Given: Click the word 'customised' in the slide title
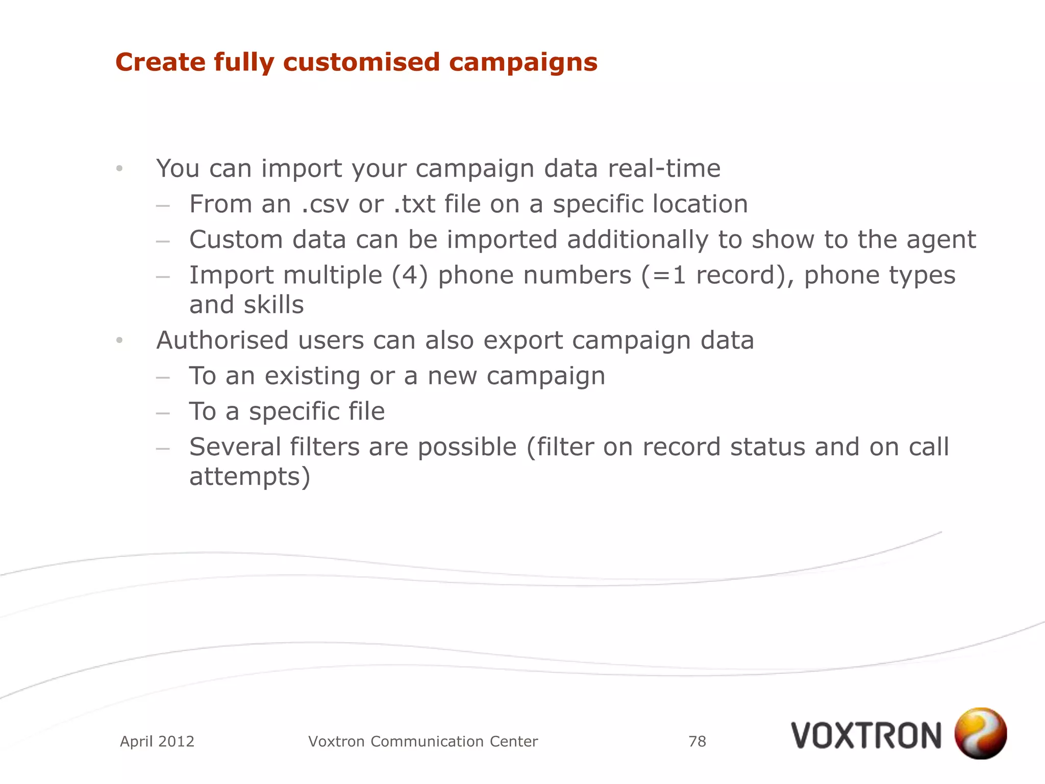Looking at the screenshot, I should click(x=361, y=62).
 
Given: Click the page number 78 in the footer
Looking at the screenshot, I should click(x=697, y=741).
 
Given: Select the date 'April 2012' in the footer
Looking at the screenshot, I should click(x=157, y=741).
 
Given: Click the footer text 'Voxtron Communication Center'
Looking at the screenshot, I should click(x=423, y=741).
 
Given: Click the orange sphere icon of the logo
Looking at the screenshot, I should click(x=980, y=733).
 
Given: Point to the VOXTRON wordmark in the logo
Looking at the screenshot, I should click(x=866, y=736).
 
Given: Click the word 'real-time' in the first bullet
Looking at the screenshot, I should click(x=664, y=168).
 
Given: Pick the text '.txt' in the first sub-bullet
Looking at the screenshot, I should click(x=414, y=204).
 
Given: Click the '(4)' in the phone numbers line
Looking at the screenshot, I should click(x=410, y=276).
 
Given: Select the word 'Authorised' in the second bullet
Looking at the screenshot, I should click(x=222, y=340).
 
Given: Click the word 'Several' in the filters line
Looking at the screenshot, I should click(x=235, y=447).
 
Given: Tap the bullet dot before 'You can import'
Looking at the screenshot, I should click(x=119, y=168).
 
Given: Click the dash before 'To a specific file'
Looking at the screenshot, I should click(x=163, y=412).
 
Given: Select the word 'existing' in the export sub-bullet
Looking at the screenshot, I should click(x=312, y=377).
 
